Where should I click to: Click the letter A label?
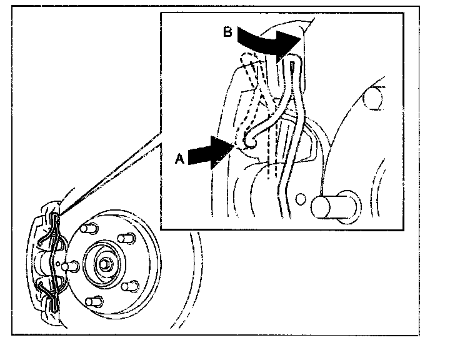tap(179, 159)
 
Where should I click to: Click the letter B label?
tap(227, 31)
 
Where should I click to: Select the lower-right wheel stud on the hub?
tap(130, 286)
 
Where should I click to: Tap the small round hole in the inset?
tap(302, 200)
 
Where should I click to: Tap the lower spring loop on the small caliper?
tap(49, 291)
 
